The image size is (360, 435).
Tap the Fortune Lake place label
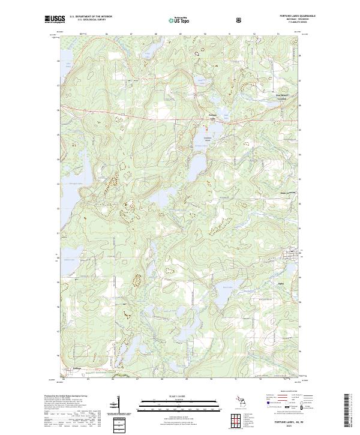click(x=211, y=116)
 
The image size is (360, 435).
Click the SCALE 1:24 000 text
click(x=180, y=397)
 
